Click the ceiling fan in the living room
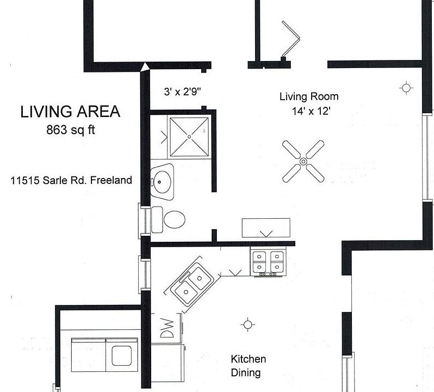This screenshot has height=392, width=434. [303, 161]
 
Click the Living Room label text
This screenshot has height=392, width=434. [308, 97]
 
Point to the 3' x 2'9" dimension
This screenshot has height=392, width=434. [183, 92]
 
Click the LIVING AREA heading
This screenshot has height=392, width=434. [70, 112]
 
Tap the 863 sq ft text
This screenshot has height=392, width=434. [70, 130]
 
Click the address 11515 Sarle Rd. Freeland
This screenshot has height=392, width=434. [71, 180]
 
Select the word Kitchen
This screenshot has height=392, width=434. [248, 359]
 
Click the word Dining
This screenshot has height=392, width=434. [246, 373]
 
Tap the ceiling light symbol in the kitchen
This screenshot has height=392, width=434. [248, 324]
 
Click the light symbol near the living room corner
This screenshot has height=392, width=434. [406, 88]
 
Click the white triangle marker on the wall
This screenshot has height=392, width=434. [145, 66]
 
